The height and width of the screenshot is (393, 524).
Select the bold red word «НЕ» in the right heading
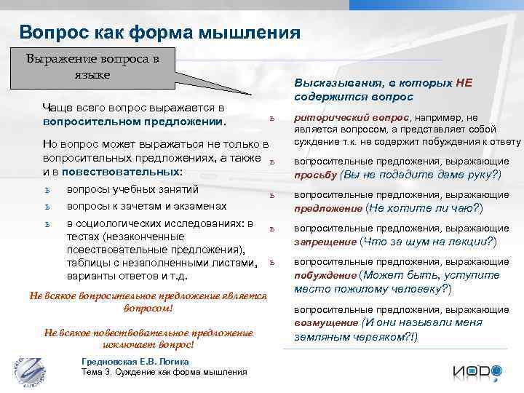(464, 83)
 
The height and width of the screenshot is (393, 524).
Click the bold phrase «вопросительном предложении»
(135, 121)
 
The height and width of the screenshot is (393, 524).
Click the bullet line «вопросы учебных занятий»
(132, 190)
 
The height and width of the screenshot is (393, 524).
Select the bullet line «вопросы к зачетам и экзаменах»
(146, 206)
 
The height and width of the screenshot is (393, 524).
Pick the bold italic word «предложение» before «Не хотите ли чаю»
(327, 208)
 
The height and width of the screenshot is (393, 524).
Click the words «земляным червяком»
(352, 337)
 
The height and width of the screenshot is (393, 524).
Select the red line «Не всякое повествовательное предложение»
(148, 333)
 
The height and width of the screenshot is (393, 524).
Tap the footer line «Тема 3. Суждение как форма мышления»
(164, 372)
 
